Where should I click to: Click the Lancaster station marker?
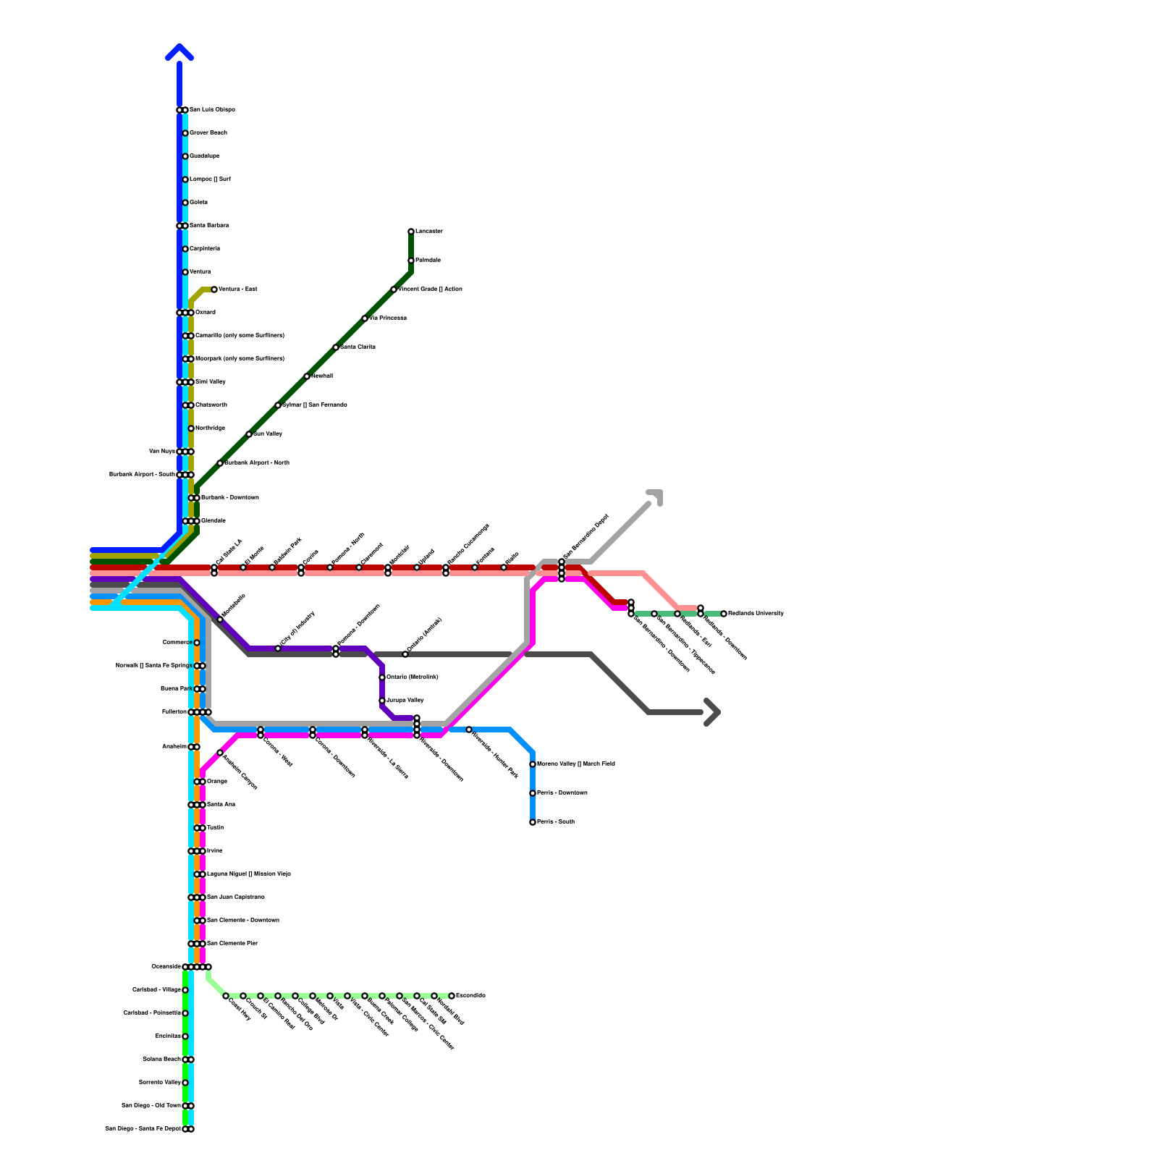point(411,232)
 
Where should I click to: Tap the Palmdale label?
point(428,261)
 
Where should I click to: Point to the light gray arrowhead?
point(656,496)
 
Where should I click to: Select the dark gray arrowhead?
point(713,712)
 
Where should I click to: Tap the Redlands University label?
point(756,614)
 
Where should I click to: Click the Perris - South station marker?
point(533,822)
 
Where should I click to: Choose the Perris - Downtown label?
point(562,793)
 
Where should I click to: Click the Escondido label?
point(470,996)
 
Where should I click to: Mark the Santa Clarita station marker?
point(336,347)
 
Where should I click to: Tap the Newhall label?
point(322,376)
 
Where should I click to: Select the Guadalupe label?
point(204,156)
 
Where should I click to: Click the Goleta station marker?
point(185,203)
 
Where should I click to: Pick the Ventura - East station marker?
point(214,289)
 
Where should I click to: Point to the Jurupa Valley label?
point(405,701)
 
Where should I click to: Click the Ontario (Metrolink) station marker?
point(382,677)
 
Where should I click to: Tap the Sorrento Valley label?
point(159,1083)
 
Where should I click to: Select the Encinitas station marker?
point(185,1036)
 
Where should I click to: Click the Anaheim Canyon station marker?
point(220,753)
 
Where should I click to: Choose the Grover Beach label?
point(208,133)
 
